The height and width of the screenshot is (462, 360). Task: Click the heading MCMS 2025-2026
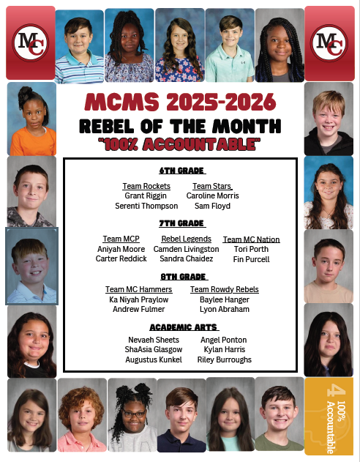tap(180, 102)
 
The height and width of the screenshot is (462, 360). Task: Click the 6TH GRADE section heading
tap(181, 170)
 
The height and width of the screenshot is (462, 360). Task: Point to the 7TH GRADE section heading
tap(181, 223)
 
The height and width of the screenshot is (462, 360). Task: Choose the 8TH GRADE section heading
tap(181, 276)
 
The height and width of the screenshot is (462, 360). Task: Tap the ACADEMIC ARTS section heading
tap(181, 327)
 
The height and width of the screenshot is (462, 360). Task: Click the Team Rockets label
tap(146, 186)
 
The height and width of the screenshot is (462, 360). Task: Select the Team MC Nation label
tap(251, 239)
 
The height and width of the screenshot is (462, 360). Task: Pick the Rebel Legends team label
tap(186, 239)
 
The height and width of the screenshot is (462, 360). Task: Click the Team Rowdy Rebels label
tap(224, 290)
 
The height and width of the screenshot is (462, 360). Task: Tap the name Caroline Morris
tap(212, 196)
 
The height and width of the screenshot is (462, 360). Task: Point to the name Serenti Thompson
tap(146, 206)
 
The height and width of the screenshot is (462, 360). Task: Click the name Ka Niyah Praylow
tap(138, 300)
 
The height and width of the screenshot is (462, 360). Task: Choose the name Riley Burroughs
tap(224, 360)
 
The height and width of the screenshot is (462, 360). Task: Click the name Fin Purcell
tap(251, 259)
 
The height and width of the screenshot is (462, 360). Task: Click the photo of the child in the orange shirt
tap(31, 117)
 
